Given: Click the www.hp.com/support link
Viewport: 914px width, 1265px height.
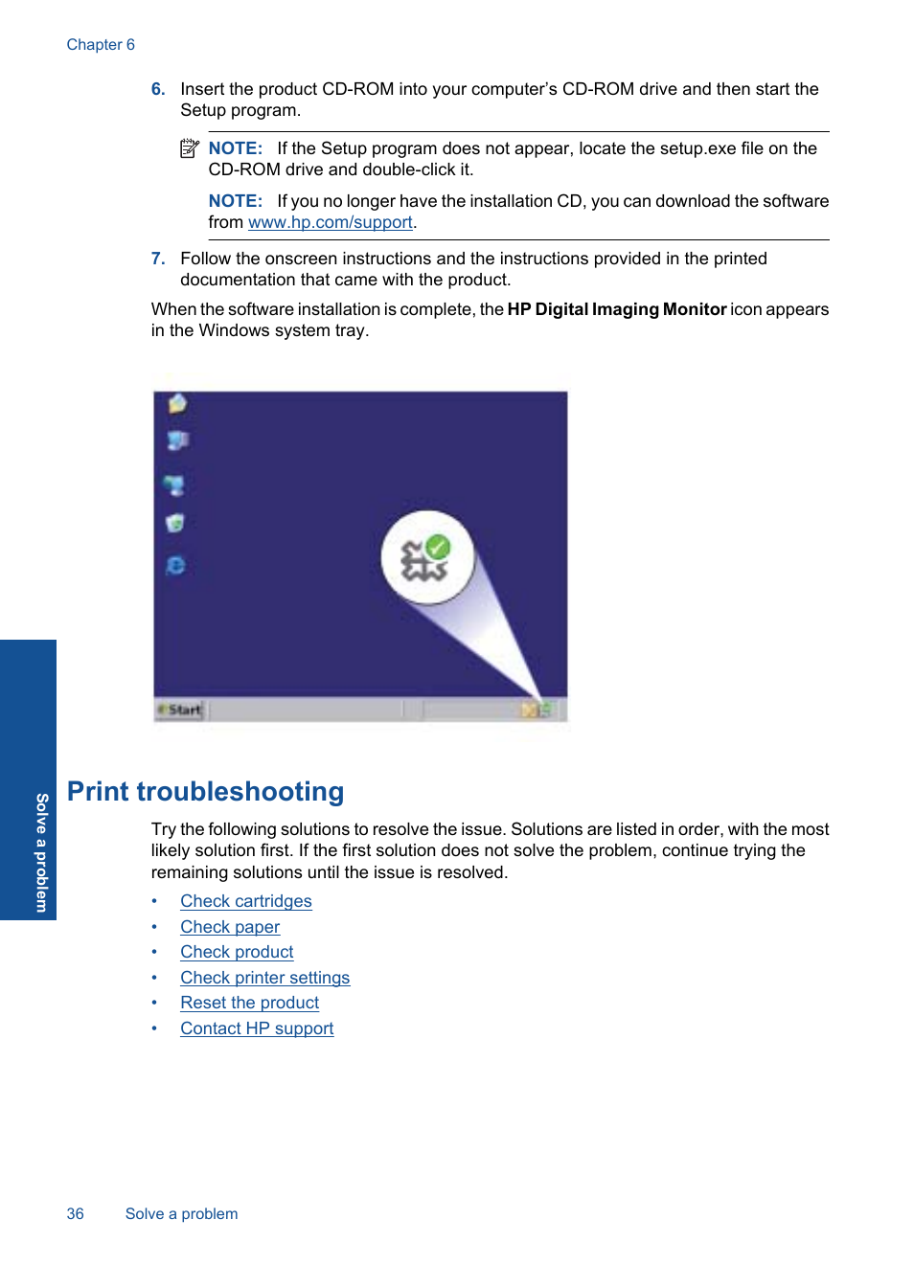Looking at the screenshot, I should point(330,222).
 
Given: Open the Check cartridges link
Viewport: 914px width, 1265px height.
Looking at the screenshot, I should point(246,901).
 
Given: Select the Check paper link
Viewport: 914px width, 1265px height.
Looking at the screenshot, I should point(230,927).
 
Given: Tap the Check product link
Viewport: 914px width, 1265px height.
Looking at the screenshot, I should point(237,952).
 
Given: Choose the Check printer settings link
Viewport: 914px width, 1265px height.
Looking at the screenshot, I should point(264,978).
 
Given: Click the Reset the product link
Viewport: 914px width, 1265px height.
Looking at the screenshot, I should point(249,1003).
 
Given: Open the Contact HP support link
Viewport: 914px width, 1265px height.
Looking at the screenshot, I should point(257,1028).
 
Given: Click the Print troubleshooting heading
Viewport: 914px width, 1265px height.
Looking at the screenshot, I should point(205,792).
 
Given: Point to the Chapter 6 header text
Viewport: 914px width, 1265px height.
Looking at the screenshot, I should point(101,45).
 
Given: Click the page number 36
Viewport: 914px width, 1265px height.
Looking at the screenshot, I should point(76,1214).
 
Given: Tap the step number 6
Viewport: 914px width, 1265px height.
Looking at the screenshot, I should point(158,89).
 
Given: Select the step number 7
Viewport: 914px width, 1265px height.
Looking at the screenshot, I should point(158,259).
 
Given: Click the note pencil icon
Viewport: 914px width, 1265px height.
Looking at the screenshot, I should point(190,148).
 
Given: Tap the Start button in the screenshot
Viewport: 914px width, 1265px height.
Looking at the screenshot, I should point(181,710).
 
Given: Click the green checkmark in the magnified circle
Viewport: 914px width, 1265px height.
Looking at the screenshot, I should point(438,547).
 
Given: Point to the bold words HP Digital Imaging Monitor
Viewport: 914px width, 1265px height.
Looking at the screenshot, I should point(616,309).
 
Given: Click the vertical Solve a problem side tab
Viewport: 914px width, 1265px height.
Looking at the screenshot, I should point(41,852).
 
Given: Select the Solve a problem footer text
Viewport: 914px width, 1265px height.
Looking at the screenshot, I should point(181,1214).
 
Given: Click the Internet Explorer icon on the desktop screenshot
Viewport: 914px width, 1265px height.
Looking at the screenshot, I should point(176,566).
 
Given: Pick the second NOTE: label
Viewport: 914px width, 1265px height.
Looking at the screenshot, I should point(235,201).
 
